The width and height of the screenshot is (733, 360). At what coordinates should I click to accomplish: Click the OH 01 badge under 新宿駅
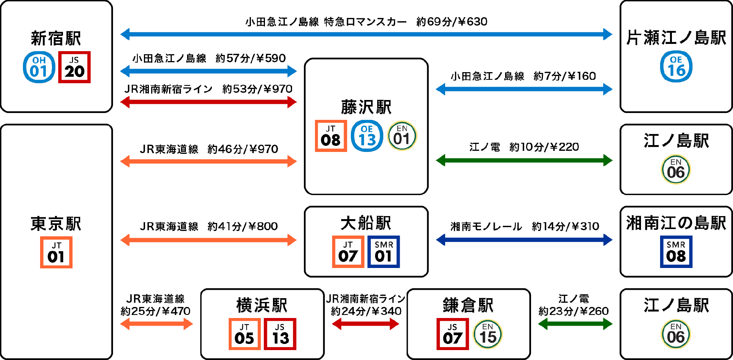point(39,67)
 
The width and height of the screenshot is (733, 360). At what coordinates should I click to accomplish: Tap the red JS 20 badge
point(74,67)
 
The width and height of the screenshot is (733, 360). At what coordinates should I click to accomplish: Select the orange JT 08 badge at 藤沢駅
point(331,136)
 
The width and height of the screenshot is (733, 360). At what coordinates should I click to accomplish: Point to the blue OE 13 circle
point(367,136)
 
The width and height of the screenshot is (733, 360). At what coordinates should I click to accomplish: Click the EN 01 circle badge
point(402,136)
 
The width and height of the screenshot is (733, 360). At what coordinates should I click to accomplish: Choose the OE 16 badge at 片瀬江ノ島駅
point(676,67)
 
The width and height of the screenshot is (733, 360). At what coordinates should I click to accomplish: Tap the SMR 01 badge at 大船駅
point(384,252)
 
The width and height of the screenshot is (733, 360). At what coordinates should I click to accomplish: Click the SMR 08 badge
point(676,252)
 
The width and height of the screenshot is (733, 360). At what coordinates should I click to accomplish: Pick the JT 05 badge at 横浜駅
point(244,334)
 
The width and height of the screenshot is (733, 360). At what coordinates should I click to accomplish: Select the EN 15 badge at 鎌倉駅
point(488,334)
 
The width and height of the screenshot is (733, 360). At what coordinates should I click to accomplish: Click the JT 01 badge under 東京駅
point(56,252)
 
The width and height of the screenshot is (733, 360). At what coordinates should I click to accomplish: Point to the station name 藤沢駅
point(366,107)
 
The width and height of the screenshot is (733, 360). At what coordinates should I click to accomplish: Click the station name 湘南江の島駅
point(676,223)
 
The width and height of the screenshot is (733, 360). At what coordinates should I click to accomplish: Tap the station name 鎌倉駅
point(468,305)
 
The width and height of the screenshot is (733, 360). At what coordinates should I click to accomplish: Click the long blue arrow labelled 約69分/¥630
point(366,34)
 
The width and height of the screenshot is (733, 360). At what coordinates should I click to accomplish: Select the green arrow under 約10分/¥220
point(524,160)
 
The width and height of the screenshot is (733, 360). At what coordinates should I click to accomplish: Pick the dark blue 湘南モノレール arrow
point(524,240)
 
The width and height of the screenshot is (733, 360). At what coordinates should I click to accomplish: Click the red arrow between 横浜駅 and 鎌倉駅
point(365,324)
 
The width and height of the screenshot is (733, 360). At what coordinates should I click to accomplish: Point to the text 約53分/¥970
point(257,89)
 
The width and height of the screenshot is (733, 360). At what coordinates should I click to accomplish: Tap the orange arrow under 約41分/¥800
point(208,240)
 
